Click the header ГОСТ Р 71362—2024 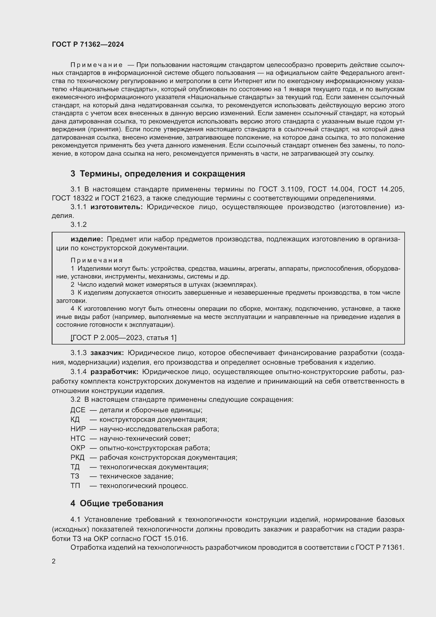point(88,44)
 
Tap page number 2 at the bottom point(54,561)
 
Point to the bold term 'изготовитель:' point(117,207)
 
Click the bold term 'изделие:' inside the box point(87,239)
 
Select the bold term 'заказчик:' point(107,353)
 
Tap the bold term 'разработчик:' point(114,372)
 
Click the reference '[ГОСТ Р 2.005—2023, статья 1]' point(123,338)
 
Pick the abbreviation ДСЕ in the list point(78,410)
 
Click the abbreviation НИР point(78,429)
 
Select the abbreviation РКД point(77,457)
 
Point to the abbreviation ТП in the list point(75,486)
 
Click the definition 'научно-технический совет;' point(145,439)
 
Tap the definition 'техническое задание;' point(136,476)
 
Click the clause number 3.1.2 point(79,225)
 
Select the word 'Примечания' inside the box point(97,260)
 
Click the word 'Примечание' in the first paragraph point(97,65)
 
